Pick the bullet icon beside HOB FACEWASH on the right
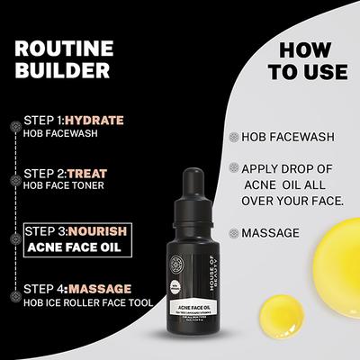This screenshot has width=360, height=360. [234, 139]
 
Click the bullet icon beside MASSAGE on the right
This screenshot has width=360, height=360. [234, 232]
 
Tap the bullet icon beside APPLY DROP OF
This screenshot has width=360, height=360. [234, 168]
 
